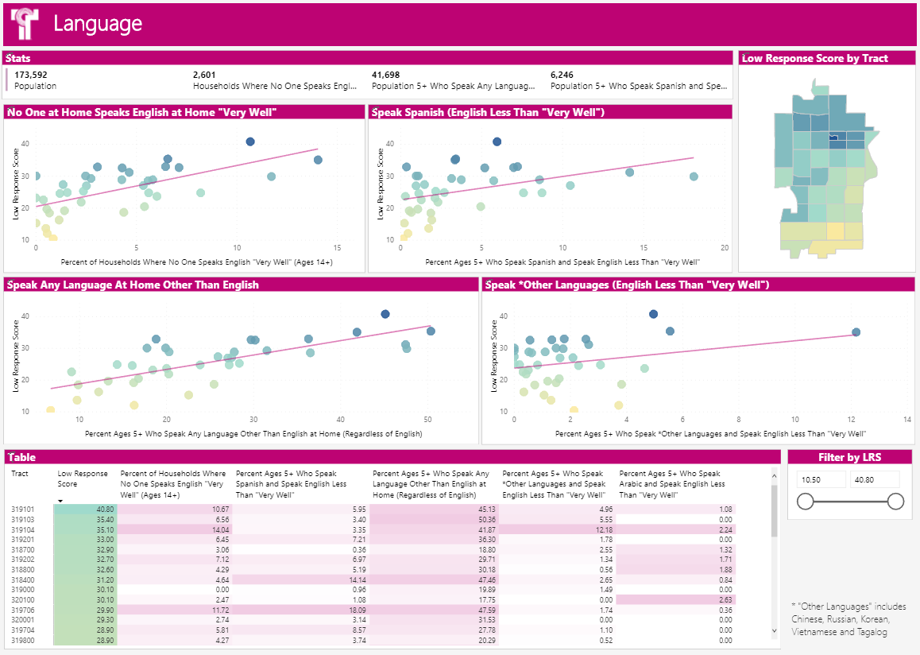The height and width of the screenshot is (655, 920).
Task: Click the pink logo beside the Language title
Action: (x=24, y=24)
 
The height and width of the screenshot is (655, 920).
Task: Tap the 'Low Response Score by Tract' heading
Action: (x=815, y=58)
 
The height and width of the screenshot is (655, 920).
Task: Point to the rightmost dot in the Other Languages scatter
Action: (x=856, y=332)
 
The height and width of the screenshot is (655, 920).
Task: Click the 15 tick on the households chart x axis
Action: (x=338, y=248)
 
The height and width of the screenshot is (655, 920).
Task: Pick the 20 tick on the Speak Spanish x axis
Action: (x=725, y=248)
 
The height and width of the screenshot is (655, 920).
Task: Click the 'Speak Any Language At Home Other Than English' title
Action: (x=133, y=285)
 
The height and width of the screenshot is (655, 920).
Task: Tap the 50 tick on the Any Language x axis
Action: (x=427, y=420)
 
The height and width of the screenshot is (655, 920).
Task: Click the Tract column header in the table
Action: (x=19, y=474)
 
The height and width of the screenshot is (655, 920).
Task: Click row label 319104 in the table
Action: (x=22, y=529)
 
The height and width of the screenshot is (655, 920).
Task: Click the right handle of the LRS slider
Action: (x=895, y=501)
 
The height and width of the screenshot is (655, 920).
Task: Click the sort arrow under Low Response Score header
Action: (x=61, y=500)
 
